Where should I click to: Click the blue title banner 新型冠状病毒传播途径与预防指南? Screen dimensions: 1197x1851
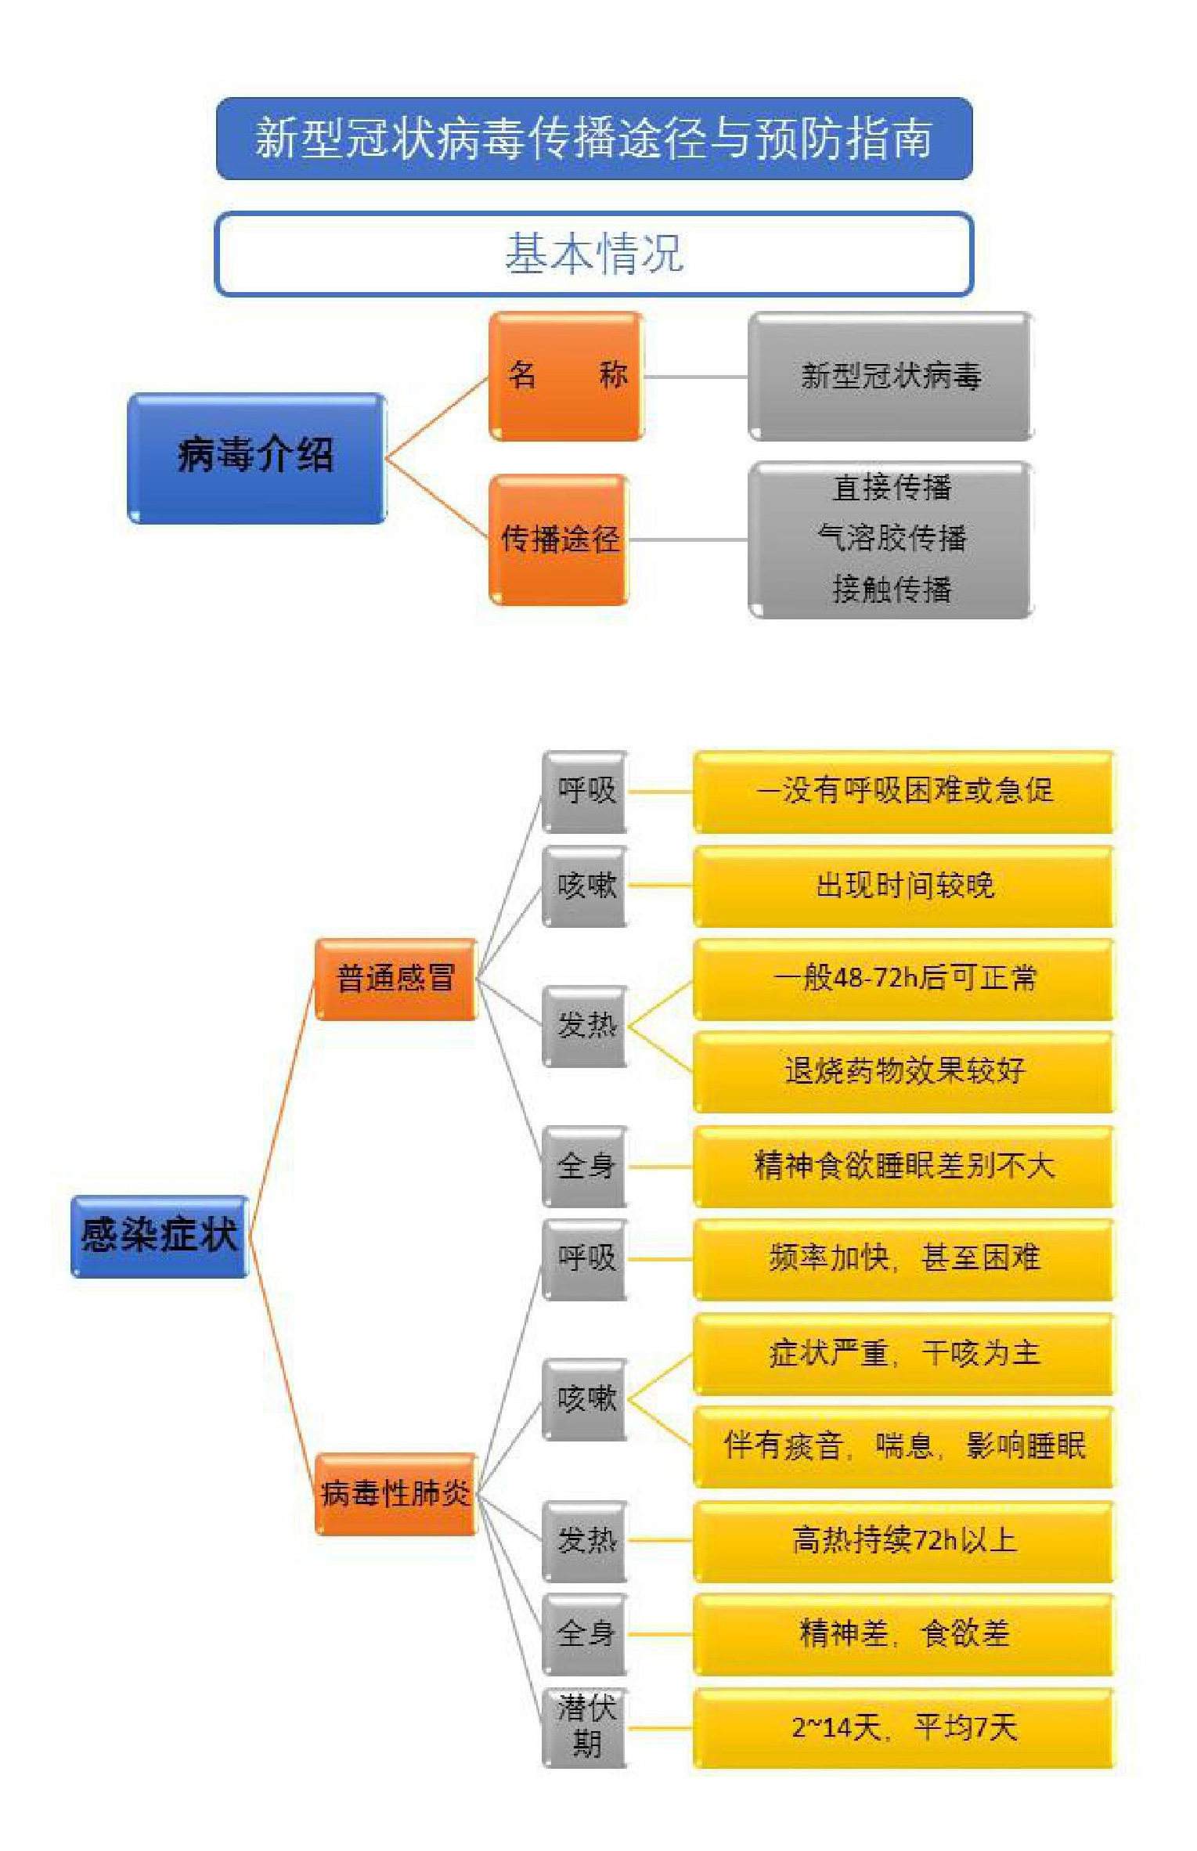pos(594,139)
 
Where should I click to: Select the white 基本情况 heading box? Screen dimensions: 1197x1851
pos(594,254)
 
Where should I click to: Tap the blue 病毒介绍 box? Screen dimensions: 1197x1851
pos(257,458)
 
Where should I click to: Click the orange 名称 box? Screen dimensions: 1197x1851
pos(566,376)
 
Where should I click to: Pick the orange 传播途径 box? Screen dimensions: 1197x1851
pos(559,539)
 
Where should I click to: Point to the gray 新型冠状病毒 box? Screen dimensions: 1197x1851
pos(891,376)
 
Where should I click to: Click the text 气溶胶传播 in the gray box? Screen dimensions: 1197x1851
pos(892,538)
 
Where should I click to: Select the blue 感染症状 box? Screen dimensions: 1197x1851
pos(160,1236)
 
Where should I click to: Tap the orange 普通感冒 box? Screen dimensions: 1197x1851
pos(395,979)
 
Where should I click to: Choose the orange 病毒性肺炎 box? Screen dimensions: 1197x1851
pos(395,1493)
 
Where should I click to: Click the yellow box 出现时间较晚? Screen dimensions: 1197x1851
pos(903,886)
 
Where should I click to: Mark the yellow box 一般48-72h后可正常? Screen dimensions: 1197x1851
pos(903,979)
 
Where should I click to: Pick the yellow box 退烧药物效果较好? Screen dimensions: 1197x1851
pos(903,1071)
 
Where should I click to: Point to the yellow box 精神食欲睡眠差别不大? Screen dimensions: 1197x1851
pos(903,1166)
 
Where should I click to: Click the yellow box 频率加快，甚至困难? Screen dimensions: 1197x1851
pos(903,1259)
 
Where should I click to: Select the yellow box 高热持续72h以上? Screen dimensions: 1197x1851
pos(903,1541)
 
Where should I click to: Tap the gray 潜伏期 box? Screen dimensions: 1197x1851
pos(586,1727)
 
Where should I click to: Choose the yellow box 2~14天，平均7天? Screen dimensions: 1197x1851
pos(903,1727)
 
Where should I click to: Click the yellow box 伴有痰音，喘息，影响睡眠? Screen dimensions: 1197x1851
pos(903,1446)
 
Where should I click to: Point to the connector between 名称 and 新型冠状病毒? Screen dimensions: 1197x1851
pos(696,377)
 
